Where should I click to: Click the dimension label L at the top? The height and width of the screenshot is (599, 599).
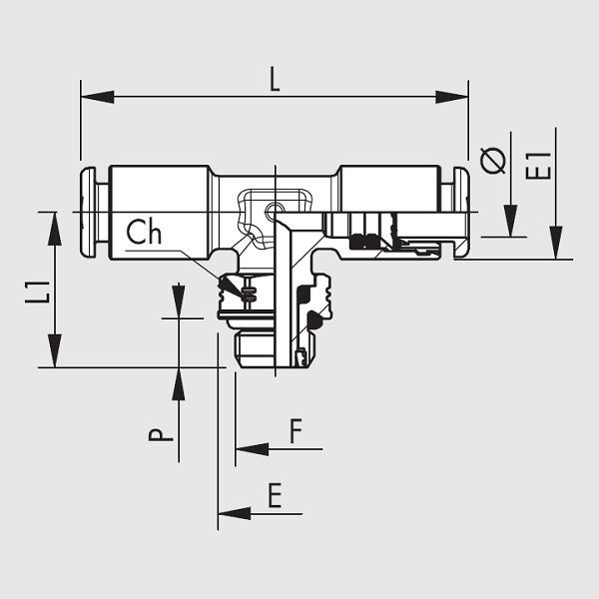pyautogui.click(x=276, y=79)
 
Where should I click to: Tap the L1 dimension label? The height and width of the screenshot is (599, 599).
pyautogui.click(x=38, y=292)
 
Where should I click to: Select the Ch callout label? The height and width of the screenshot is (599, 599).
pyautogui.click(x=144, y=232)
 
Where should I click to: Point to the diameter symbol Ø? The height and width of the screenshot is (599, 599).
pyautogui.click(x=493, y=160)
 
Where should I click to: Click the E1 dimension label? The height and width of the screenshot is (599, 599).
pyautogui.click(x=538, y=166)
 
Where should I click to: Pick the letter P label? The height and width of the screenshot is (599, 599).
pyautogui.click(x=161, y=434)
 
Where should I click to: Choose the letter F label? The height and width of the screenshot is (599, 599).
pyautogui.click(x=297, y=430)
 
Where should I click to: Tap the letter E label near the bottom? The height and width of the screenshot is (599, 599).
pyautogui.click(x=276, y=495)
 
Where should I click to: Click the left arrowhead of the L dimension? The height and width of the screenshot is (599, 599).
pyautogui.click(x=98, y=97)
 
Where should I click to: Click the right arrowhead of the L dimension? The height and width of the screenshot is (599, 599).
pyautogui.click(x=452, y=97)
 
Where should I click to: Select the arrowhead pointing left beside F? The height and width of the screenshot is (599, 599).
pyautogui.click(x=253, y=449)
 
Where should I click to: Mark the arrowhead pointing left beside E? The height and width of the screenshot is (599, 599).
pyautogui.click(x=235, y=514)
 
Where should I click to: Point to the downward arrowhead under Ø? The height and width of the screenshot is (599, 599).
pyautogui.click(x=511, y=221)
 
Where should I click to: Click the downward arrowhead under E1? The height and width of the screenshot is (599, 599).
pyautogui.click(x=556, y=243)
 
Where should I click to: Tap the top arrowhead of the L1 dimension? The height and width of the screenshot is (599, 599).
pyautogui.click(x=55, y=229)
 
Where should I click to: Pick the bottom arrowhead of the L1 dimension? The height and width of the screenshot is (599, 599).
pyautogui.click(x=55, y=350)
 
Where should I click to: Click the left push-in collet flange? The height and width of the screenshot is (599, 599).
pyautogui.click(x=88, y=212)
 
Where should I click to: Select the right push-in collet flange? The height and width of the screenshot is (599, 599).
pyautogui.click(x=461, y=212)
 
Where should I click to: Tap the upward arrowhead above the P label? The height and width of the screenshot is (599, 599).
pyautogui.click(x=179, y=384)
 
